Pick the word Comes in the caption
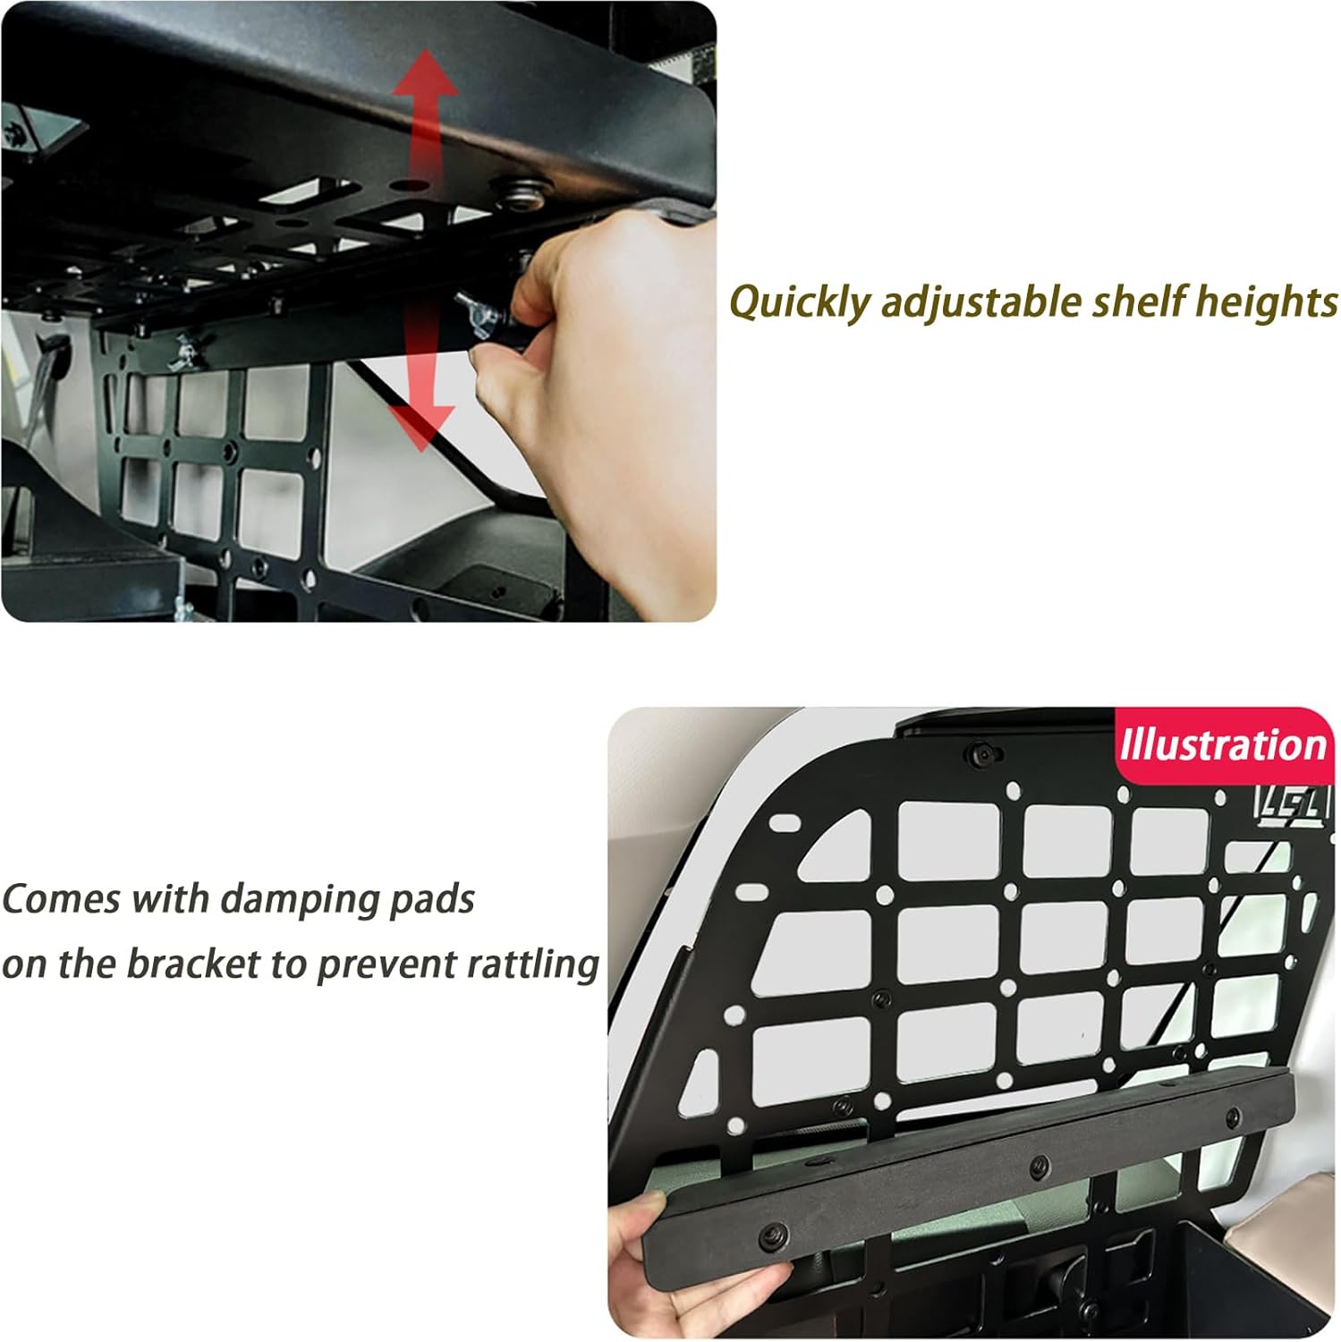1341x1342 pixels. [x=60, y=899]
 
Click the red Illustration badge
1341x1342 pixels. [x=1222, y=746]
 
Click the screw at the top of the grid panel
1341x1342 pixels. [x=981, y=752]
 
